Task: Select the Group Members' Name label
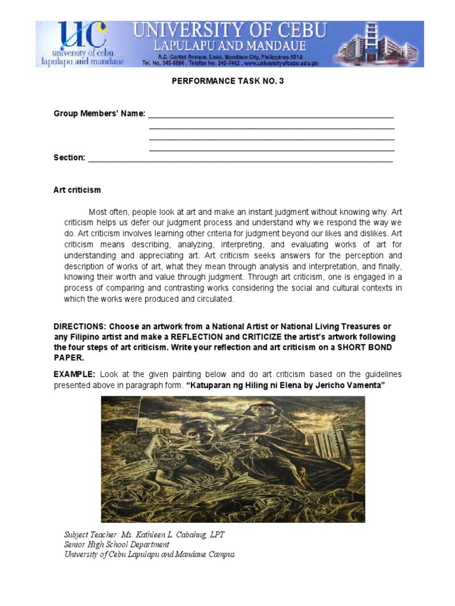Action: point(99,113)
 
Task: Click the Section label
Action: point(69,157)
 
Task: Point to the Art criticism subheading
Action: point(77,190)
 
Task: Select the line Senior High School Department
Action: point(117,544)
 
